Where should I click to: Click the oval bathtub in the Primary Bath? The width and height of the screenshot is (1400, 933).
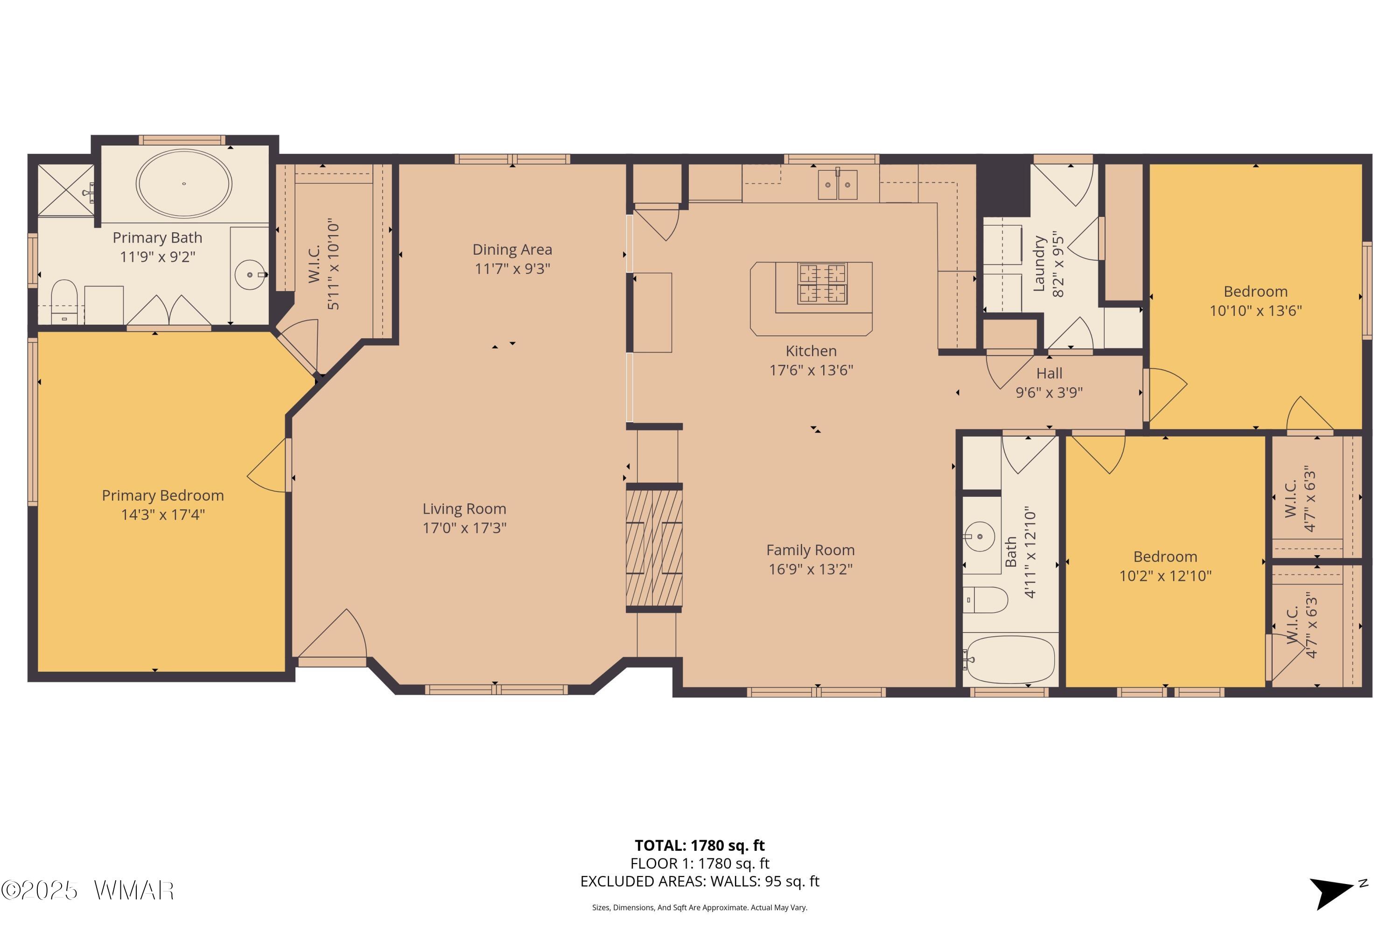pyautogui.click(x=184, y=183)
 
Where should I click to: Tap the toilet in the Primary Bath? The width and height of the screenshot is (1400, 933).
pyautogui.click(x=64, y=302)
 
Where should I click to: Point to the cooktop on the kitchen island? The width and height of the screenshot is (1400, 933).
pyautogui.click(x=823, y=284)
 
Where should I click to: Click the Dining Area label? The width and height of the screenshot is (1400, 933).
pyautogui.click(x=512, y=249)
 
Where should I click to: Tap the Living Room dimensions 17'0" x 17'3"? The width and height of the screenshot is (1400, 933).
pyautogui.click(x=464, y=528)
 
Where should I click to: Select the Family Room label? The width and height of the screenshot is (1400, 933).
pyautogui.click(x=810, y=550)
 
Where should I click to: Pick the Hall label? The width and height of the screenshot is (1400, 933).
pyautogui.click(x=1049, y=373)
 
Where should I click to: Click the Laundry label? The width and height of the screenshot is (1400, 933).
pyautogui.click(x=1039, y=264)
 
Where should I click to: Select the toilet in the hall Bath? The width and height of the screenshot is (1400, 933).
pyautogui.click(x=985, y=600)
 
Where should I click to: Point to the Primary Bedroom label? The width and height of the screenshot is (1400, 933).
pyautogui.click(x=162, y=495)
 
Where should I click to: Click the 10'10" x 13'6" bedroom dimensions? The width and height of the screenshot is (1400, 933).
pyautogui.click(x=1255, y=311)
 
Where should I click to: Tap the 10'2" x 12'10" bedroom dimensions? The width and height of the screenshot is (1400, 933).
pyautogui.click(x=1165, y=575)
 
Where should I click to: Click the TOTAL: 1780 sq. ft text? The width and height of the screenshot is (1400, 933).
pyautogui.click(x=700, y=845)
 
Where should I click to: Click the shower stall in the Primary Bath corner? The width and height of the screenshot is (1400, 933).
pyautogui.click(x=66, y=190)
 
